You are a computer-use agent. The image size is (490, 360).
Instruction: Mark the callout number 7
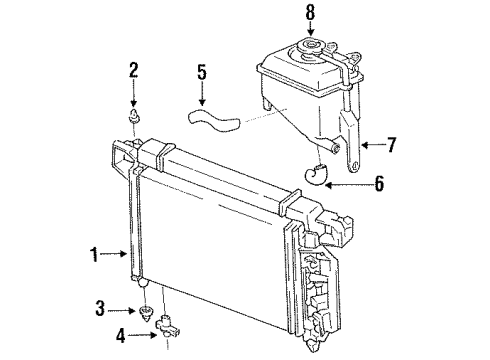pos(392,145)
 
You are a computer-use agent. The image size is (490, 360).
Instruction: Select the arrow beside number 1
pos(116,255)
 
